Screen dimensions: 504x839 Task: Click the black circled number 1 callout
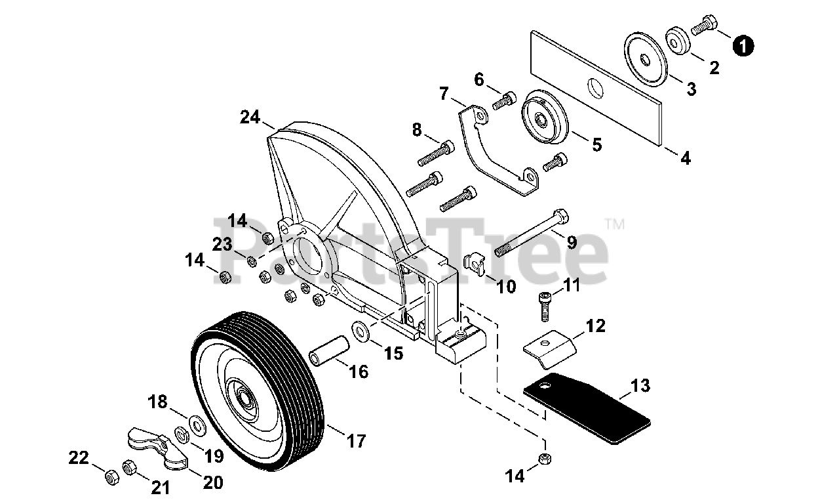tap(743, 45)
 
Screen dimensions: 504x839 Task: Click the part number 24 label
tap(250, 117)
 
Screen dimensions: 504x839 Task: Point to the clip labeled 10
tap(476, 264)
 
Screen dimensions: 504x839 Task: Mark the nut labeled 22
tap(111, 476)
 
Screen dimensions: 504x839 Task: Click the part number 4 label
tap(685, 157)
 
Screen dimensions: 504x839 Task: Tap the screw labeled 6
tap(504, 100)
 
